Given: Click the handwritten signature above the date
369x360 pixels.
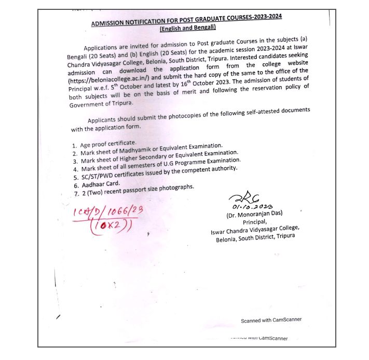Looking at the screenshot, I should [x=241, y=197].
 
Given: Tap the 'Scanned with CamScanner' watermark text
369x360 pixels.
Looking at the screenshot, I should [x=271, y=319].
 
